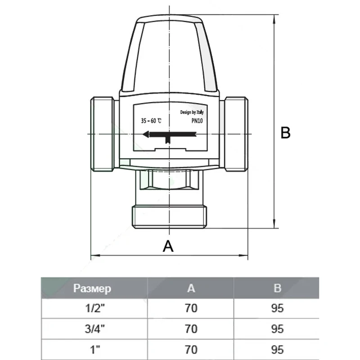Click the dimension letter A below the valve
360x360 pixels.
[x=167, y=246]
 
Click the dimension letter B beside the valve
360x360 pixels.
[x=285, y=133]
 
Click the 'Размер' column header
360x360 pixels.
[x=92, y=288]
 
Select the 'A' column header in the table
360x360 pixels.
[x=191, y=288]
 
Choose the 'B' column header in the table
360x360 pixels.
[x=278, y=288]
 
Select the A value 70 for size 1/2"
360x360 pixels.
[x=191, y=309]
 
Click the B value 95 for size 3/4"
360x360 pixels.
[x=278, y=329]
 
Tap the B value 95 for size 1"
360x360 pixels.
[x=278, y=349]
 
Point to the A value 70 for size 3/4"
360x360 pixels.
[x=191, y=329]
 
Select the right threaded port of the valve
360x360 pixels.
[x=236, y=134]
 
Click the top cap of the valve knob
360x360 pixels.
[x=169, y=20]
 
